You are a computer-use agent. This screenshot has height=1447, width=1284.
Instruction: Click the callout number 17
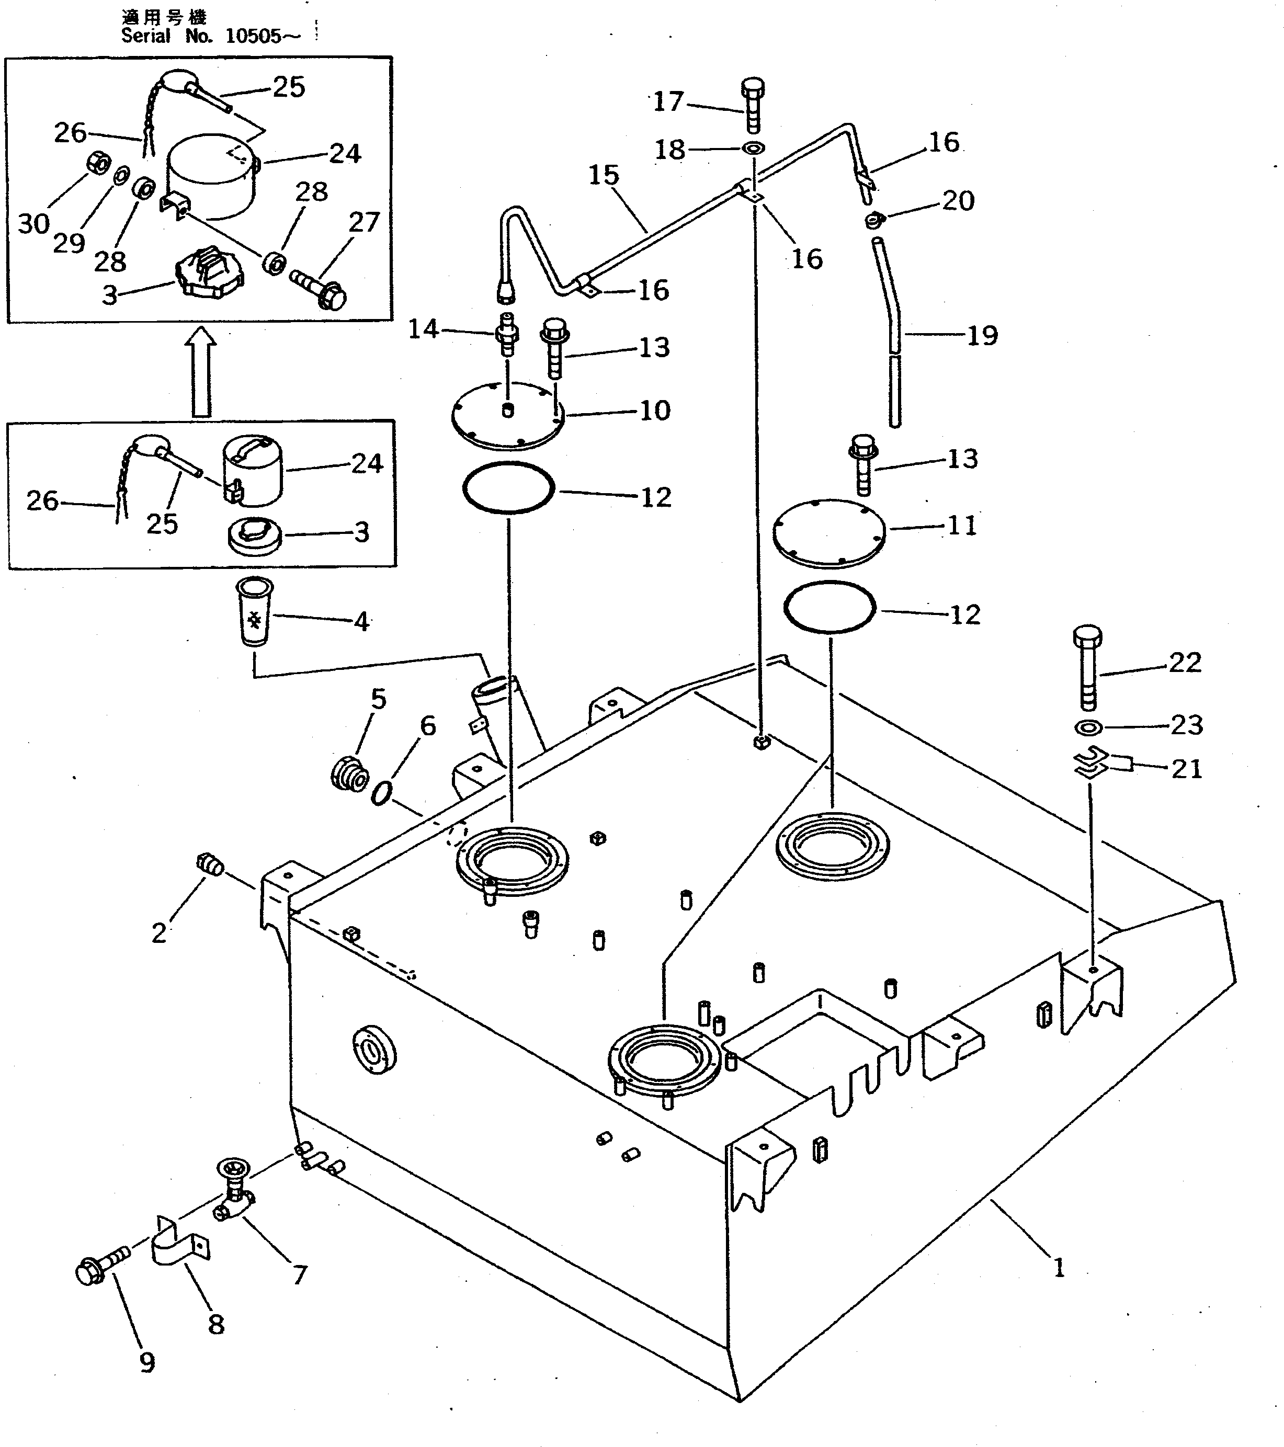(x=667, y=102)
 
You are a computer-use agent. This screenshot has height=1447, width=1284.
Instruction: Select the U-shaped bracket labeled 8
(x=181, y=1251)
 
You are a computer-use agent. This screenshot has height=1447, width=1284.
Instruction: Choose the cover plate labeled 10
(x=507, y=415)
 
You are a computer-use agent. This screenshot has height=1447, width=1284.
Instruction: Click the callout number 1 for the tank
(x=1059, y=1268)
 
